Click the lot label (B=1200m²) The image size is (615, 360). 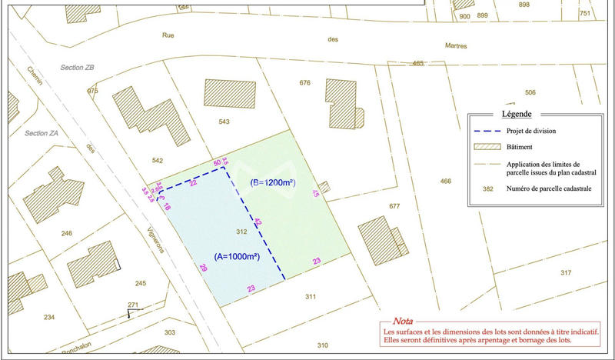coord(274,183)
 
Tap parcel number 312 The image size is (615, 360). coord(241,232)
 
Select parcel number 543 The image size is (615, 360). coord(224,122)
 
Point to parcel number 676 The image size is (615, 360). coord(305,83)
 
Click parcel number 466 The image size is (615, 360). coord(445,181)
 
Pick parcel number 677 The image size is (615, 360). coord(395,206)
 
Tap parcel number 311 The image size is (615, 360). coord(311,296)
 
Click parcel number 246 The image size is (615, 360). coord(66,233)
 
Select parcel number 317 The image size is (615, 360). coord(566,273)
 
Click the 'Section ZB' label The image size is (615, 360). coord(78,68)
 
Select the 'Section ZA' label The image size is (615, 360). coord(42,133)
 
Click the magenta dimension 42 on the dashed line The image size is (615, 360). coord(258,222)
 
